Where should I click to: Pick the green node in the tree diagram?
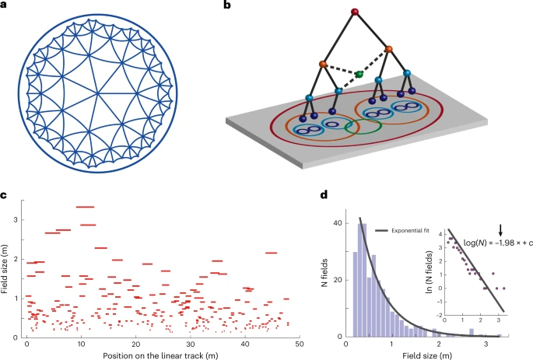359,75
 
